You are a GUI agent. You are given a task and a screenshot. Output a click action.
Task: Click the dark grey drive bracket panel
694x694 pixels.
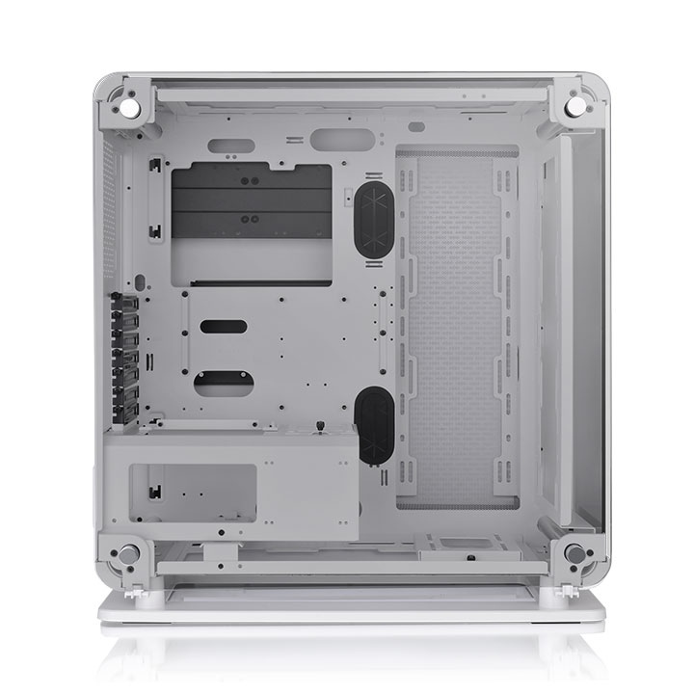[251, 201]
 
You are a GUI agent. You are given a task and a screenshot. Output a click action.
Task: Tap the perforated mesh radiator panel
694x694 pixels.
[457, 328]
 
